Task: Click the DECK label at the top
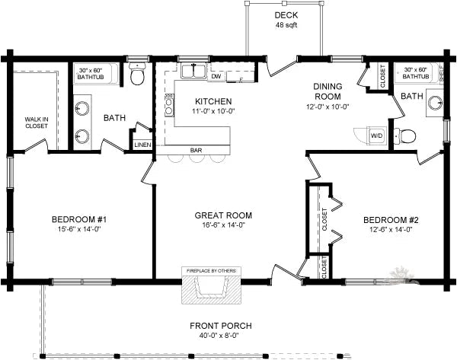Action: coord(286,15)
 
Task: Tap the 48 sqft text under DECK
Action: coord(286,26)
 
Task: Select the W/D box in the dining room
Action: coord(376,135)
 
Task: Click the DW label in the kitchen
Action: coord(216,76)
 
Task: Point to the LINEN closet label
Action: coord(142,144)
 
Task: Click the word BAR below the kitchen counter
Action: coord(197,150)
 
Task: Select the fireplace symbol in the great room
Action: coord(209,290)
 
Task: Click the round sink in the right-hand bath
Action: coord(435,104)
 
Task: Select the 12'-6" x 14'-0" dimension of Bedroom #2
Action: coord(391,231)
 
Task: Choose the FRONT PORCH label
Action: coord(221,326)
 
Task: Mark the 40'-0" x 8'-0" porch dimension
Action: coord(221,336)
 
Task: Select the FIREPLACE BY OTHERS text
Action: coord(209,270)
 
